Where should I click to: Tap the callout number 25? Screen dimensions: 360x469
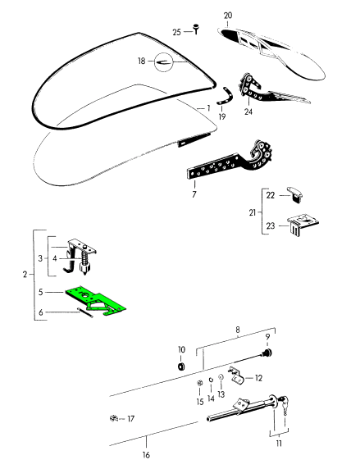[177, 32]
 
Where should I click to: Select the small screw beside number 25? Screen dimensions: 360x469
[196, 29]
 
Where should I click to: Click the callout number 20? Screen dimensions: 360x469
[228, 16]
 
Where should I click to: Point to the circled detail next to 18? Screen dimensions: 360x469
[164, 62]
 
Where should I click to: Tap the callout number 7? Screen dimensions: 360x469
[194, 194]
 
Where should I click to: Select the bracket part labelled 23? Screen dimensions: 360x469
[302, 225]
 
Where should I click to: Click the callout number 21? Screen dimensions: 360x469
[253, 212]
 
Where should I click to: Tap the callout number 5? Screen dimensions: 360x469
[41, 292]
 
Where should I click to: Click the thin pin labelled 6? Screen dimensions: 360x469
[86, 312]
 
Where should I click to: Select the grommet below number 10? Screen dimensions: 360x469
[181, 367]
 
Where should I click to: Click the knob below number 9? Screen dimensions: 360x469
[267, 353]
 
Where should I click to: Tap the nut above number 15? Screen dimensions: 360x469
[198, 384]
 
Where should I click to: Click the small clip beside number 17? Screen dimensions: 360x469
[114, 418]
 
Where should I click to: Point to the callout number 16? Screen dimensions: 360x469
[146, 455]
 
